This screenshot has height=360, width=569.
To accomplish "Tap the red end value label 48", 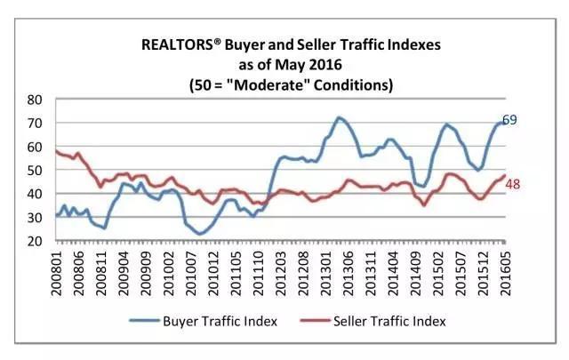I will pyautogui.click(x=512, y=184).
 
